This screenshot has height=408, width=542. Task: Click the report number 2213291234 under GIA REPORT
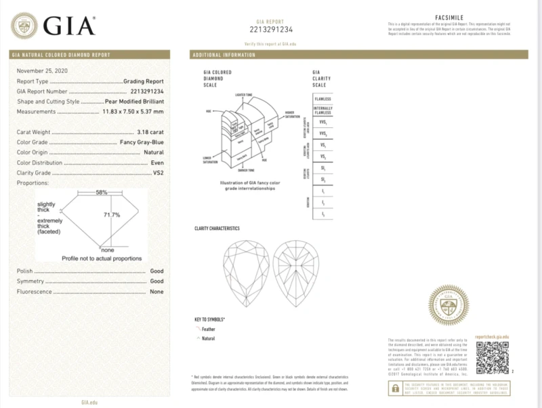[x=271, y=28]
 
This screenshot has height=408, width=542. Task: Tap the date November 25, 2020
[x=43, y=71]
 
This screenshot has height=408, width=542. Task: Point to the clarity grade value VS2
[x=158, y=173]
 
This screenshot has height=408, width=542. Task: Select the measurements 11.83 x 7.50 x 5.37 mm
[x=129, y=111]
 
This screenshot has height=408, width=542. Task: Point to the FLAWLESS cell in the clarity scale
[x=322, y=99]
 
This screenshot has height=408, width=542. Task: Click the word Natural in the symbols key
[x=208, y=338]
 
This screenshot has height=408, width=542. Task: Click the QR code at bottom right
[x=492, y=358]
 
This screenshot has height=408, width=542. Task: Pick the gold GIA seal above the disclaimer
[x=450, y=307]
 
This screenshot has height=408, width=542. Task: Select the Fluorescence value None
[x=157, y=292]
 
